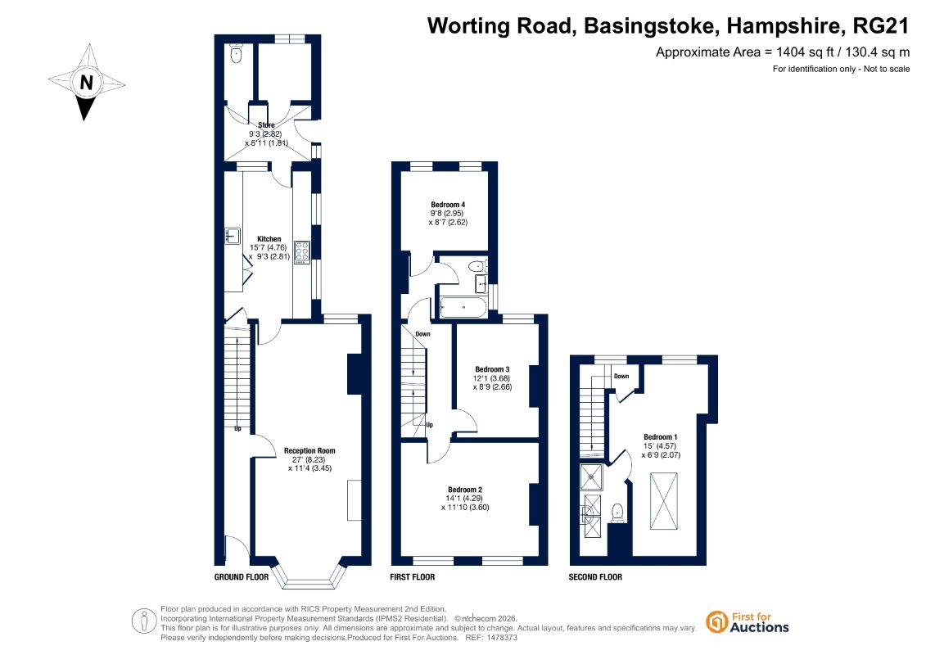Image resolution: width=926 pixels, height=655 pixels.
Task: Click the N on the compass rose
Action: pyautogui.click(x=86, y=82)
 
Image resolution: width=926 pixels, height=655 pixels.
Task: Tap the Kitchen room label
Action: pyautogui.click(x=269, y=238)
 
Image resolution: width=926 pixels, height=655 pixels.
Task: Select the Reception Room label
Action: pyautogui.click(x=309, y=450)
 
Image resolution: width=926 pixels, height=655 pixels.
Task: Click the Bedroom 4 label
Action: pyautogui.click(x=448, y=205)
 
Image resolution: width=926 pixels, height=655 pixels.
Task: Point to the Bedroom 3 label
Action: pyautogui.click(x=492, y=369)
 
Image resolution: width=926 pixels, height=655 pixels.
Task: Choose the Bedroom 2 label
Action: pyautogui.click(x=465, y=490)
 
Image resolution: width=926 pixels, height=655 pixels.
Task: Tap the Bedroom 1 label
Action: pyautogui.click(x=660, y=437)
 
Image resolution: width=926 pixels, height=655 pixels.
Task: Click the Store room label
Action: pyautogui.click(x=266, y=125)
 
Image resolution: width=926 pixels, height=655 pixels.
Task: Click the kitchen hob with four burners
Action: pyautogui.click(x=302, y=252)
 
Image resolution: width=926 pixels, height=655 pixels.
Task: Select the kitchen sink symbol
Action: pyautogui.click(x=233, y=236)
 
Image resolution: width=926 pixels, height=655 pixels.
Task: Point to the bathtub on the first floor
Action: pyautogui.click(x=463, y=307)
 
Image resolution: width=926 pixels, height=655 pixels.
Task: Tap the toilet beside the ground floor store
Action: pyautogui.click(x=237, y=54)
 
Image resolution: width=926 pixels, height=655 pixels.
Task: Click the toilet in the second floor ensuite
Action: pyautogui.click(x=617, y=513)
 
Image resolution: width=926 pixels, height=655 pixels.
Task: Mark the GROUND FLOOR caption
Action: pyautogui.click(x=241, y=577)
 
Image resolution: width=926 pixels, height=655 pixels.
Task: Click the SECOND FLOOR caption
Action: pyautogui.click(x=595, y=577)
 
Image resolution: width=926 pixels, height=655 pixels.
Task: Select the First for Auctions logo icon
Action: pyautogui.click(x=717, y=622)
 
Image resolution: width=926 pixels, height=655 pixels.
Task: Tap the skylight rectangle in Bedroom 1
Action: pyautogui.click(x=664, y=501)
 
